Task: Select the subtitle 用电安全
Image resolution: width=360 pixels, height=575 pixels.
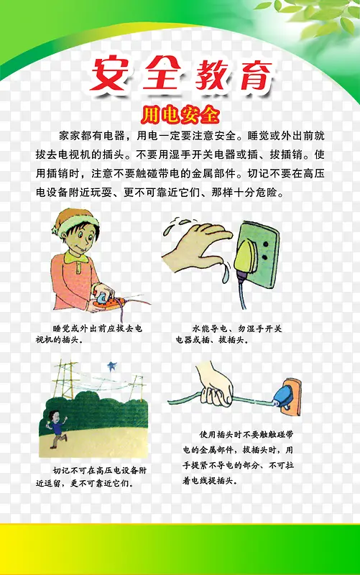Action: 180,115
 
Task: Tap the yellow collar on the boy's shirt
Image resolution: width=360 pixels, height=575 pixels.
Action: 75,257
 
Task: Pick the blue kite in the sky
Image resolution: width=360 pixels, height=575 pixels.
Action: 111,366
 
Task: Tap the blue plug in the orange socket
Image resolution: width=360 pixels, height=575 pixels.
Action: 282,396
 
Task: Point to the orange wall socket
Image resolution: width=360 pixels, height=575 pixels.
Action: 291,397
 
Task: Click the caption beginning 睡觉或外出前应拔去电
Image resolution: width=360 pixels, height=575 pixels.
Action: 88,334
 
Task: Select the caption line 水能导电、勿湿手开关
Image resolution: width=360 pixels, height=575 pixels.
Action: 237,328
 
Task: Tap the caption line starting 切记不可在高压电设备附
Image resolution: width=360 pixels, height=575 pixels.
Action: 100,470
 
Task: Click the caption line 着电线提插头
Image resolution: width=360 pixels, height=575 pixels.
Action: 208,480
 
